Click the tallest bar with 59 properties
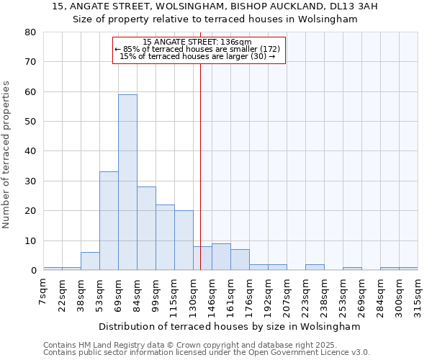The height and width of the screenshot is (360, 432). tap(127, 182)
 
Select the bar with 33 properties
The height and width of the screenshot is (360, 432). tap(109, 220)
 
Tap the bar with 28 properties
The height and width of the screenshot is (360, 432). tap(146, 228)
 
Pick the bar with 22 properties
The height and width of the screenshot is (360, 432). tap(165, 237)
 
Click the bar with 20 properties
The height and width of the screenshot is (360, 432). tap(184, 240)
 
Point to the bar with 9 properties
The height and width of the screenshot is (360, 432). tap(221, 257)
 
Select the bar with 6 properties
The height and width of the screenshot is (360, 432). tap(90, 261)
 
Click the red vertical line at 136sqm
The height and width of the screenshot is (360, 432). tap(200, 180)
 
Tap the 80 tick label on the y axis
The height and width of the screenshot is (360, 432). tap(30, 32)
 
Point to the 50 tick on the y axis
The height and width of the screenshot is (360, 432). tap(30, 122)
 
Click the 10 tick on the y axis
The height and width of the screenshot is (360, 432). tap(30, 240)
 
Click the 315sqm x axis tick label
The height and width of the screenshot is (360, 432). tap(418, 294)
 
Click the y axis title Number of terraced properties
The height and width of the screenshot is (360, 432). tap(6, 154)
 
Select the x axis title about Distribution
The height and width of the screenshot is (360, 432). tap(229, 326)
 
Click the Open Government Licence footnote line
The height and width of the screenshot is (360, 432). tap(207, 353)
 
